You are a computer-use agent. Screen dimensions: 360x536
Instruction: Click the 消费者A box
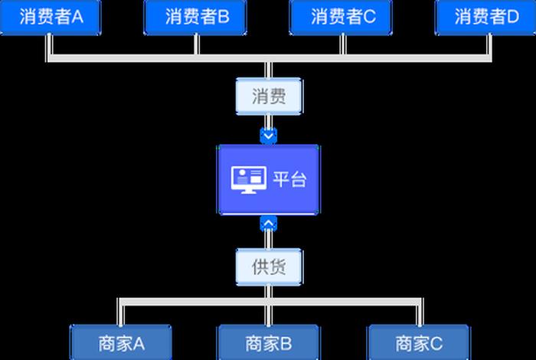point(51,18)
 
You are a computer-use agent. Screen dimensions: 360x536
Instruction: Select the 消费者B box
point(196,18)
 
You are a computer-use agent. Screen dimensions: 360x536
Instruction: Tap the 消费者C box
point(342,18)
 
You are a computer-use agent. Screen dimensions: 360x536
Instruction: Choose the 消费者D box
point(485,18)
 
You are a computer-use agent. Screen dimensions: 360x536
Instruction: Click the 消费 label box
point(268,97)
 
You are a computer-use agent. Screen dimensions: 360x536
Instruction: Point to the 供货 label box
point(268,267)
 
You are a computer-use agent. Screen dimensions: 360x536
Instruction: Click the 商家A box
point(121,342)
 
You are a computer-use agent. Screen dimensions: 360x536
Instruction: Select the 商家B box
point(268,342)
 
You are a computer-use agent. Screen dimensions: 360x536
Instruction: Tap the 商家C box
point(418,342)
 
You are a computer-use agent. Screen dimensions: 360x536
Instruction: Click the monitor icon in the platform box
point(248,179)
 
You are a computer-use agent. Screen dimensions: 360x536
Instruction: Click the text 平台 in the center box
point(289,179)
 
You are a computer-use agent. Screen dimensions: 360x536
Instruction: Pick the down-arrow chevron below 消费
point(268,136)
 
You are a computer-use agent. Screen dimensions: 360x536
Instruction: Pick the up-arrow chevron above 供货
point(268,224)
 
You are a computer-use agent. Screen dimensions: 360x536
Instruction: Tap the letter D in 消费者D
point(513,18)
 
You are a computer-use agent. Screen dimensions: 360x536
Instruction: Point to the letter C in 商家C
point(436,342)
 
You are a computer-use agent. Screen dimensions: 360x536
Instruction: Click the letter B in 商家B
point(286,342)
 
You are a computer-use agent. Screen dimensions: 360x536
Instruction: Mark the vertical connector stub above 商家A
point(119,313)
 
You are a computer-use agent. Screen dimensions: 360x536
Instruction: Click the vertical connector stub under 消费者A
point(49,46)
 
